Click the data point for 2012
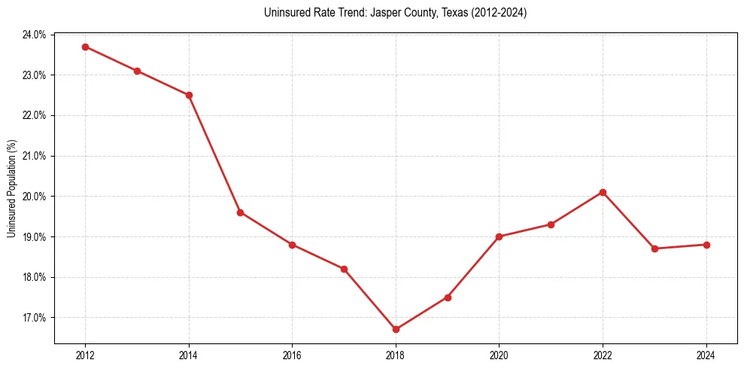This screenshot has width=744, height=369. click(x=85, y=47)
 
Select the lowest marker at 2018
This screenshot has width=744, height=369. click(x=396, y=329)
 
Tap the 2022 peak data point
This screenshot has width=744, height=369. click(x=603, y=192)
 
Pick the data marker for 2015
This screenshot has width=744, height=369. click(x=240, y=212)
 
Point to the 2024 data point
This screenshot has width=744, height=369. click(x=706, y=245)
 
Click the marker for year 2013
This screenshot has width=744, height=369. click(x=137, y=71)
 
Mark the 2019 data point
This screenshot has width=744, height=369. click(x=448, y=297)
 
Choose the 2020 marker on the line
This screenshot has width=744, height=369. click(x=500, y=236)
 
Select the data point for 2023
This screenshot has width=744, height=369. click(x=654, y=249)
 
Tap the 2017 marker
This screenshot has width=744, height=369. click(x=344, y=269)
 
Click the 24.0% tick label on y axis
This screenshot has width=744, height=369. click(x=35, y=35)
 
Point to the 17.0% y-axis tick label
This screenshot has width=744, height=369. click(x=35, y=318)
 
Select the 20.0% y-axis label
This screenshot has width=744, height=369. click(x=35, y=197)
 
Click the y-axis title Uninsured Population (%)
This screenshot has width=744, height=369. click(x=11, y=188)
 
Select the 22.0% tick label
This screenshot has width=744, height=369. click(x=35, y=116)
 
